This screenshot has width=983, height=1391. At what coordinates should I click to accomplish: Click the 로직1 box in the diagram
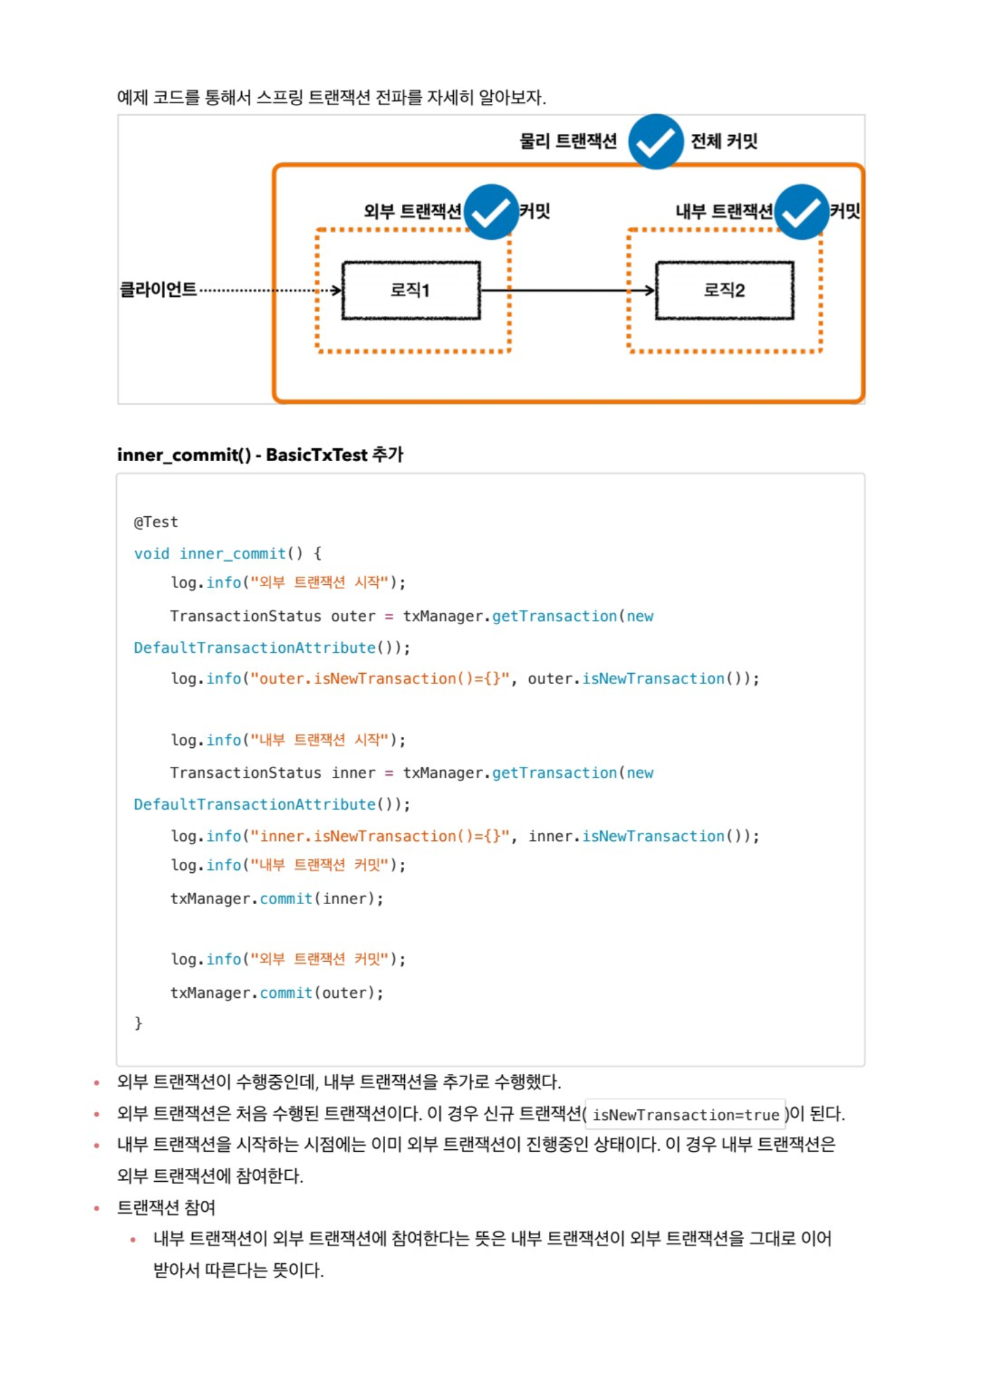[411, 291]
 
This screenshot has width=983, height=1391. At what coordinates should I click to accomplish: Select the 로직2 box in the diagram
[724, 291]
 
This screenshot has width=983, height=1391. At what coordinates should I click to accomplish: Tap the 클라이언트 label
[158, 290]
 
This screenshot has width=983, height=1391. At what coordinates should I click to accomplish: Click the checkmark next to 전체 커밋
[656, 142]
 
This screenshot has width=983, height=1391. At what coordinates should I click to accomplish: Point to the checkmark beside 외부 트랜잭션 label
[491, 212]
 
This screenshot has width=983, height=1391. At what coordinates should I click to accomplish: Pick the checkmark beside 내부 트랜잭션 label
[802, 212]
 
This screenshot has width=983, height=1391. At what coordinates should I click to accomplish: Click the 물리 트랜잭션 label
[568, 141]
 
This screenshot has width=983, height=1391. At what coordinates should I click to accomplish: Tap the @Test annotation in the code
[156, 522]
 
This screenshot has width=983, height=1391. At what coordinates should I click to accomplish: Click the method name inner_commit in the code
[233, 554]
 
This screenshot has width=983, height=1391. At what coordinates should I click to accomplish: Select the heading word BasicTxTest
[316, 455]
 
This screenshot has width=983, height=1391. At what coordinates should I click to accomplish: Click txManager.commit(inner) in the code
[276, 899]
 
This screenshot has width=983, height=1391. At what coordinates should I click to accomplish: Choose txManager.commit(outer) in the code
[276, 993]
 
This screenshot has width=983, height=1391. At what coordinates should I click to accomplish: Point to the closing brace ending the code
[139, 1023]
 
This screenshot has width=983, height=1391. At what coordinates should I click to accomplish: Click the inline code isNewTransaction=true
[685, 1115]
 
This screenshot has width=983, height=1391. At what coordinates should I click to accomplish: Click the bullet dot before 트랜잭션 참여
[96, 1208]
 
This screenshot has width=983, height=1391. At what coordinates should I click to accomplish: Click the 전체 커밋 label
[723, 141]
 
